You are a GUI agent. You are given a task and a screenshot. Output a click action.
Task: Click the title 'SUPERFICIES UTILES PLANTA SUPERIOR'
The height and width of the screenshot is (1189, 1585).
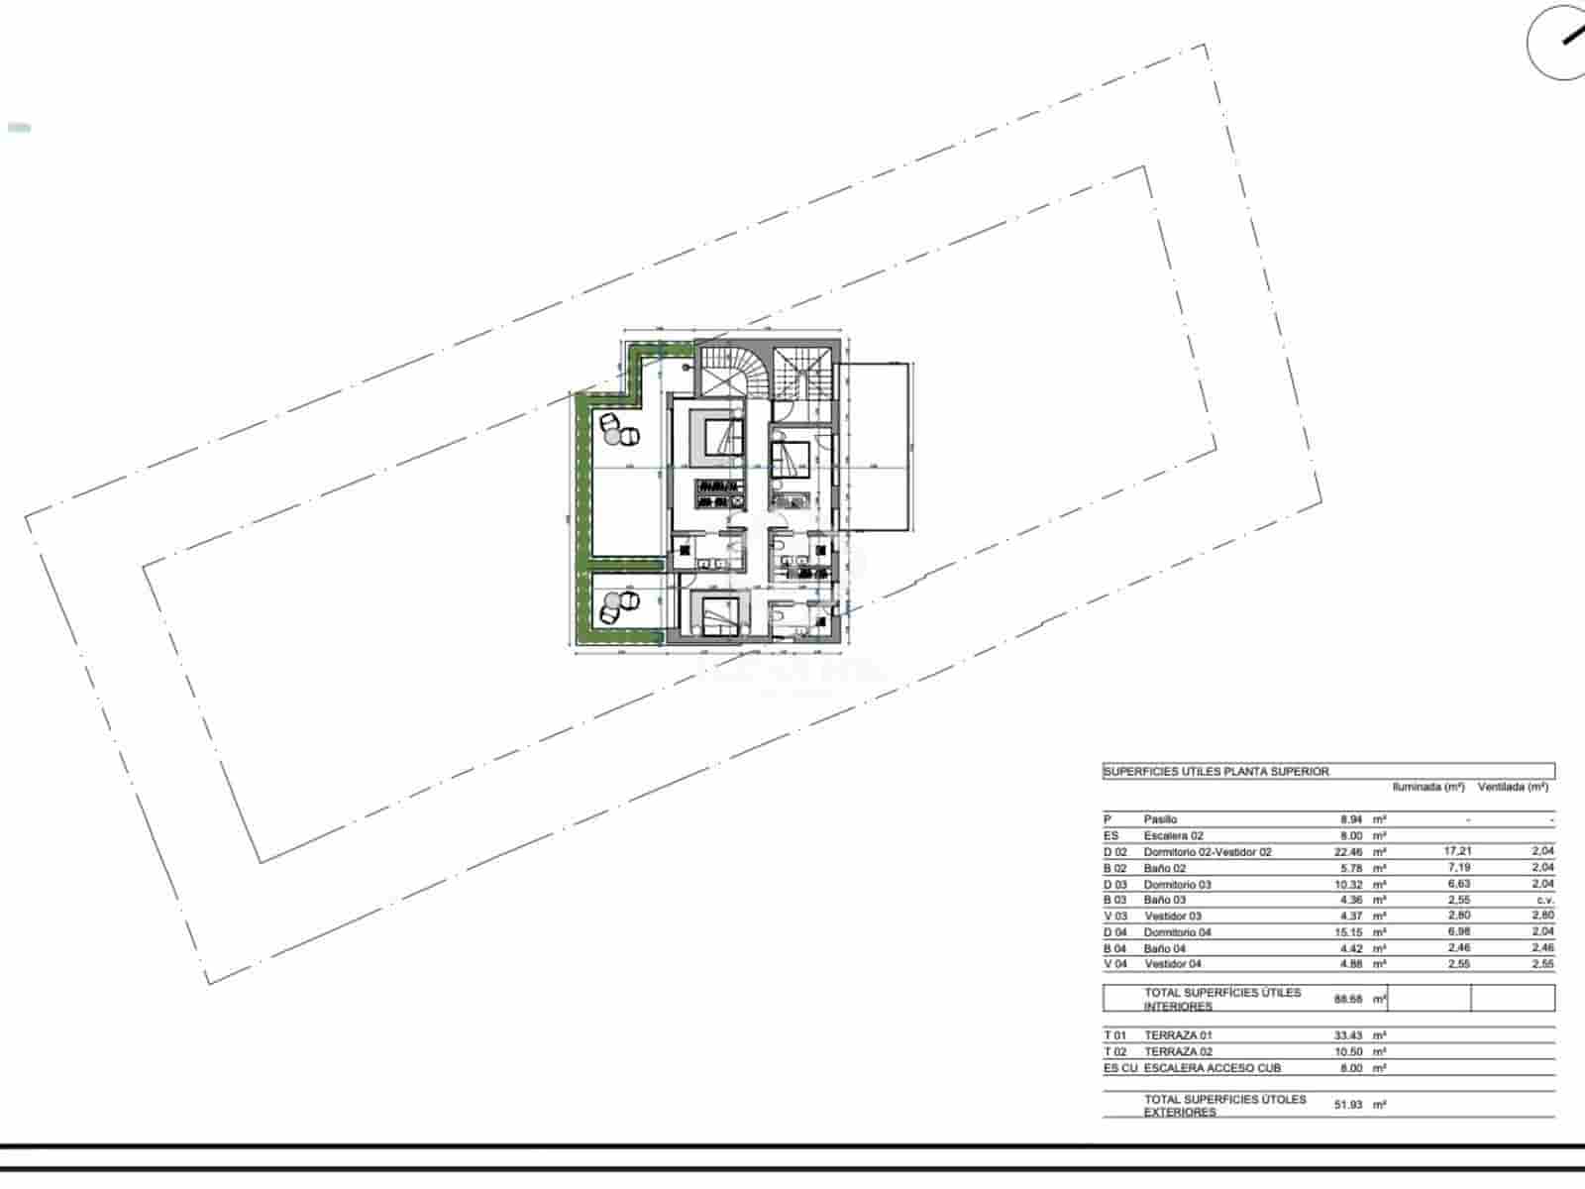tap(1216, 771)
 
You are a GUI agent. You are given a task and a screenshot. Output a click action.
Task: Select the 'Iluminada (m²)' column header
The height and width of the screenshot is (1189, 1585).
tap(1428, 787)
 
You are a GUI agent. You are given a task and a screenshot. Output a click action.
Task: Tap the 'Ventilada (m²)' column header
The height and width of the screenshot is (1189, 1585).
tap(1513, 787)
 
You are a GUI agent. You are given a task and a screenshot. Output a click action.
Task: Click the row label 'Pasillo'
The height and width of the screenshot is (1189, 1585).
tap(1161, 819)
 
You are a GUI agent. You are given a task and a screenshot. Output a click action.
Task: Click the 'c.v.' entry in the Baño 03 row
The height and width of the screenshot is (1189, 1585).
tap(1544, 900)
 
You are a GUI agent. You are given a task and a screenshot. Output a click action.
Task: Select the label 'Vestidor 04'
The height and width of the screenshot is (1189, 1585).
tap(1173, 964)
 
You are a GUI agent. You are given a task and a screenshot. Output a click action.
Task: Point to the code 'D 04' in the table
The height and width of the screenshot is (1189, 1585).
tap(1115, 932)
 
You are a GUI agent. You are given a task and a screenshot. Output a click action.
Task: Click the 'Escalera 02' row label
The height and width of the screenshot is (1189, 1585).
tap(1174, 836)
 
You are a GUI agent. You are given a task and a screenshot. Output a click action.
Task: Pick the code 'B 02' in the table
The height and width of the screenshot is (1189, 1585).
tap(1115, 868)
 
